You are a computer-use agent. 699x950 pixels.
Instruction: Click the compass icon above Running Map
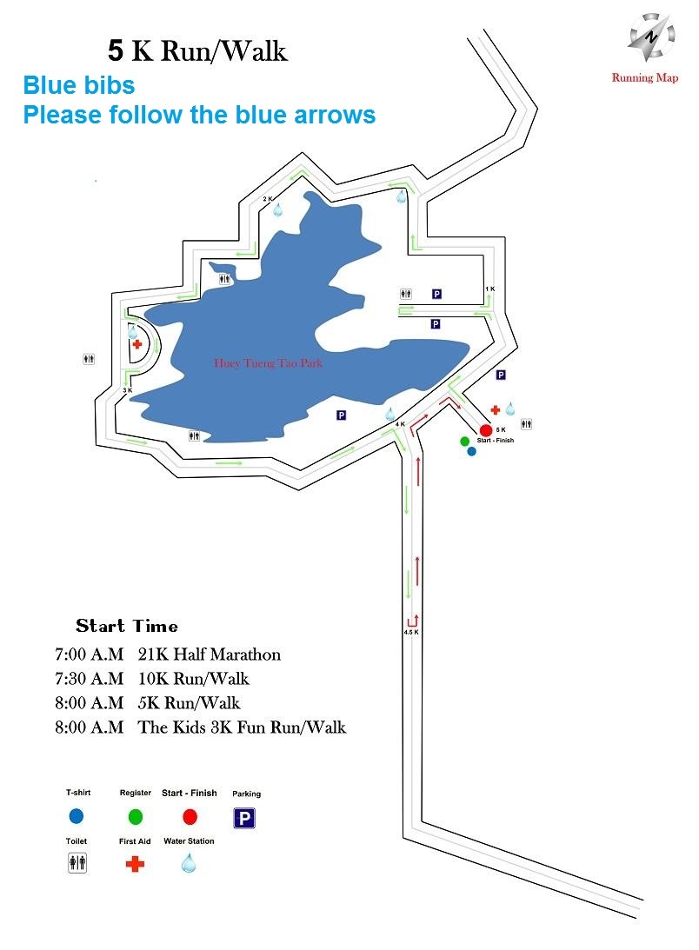tap(650, 37)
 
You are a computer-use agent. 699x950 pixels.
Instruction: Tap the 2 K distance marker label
tap(268, 199)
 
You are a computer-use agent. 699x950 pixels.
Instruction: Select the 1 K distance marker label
tap(489, 289)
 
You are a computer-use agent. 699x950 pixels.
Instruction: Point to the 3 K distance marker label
tap(127, 391)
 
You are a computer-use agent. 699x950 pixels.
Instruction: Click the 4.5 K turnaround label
tap(411, 632)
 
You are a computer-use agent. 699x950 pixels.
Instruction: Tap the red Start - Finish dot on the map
tap(486, 430)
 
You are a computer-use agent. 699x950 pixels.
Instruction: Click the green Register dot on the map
tap(465, 441)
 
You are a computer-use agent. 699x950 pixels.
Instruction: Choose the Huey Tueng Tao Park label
tap(268, 363)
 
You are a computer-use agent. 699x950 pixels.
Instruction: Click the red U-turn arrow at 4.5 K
tap(413, 621)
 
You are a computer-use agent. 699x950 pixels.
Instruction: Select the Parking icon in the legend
tap(244, 819)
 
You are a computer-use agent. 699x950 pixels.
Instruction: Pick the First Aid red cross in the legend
tap(135, 863)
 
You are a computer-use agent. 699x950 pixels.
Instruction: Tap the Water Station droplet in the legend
tap(189, 862)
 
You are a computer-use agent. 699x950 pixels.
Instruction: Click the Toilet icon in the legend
tap(77, 862)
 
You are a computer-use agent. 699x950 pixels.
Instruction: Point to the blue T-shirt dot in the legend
tap(77, 816)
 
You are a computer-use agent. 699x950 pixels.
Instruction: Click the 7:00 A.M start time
tap(90, 654)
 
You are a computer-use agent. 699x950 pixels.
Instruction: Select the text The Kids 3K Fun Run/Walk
tap(242, 727)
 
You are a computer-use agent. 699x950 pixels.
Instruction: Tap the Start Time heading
tap(127, 626)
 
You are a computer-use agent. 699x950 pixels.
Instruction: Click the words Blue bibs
tap(79, 85)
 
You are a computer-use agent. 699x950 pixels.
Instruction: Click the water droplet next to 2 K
tap(277, 209)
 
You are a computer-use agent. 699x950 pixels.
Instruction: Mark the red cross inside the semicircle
tap(137, 344)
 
